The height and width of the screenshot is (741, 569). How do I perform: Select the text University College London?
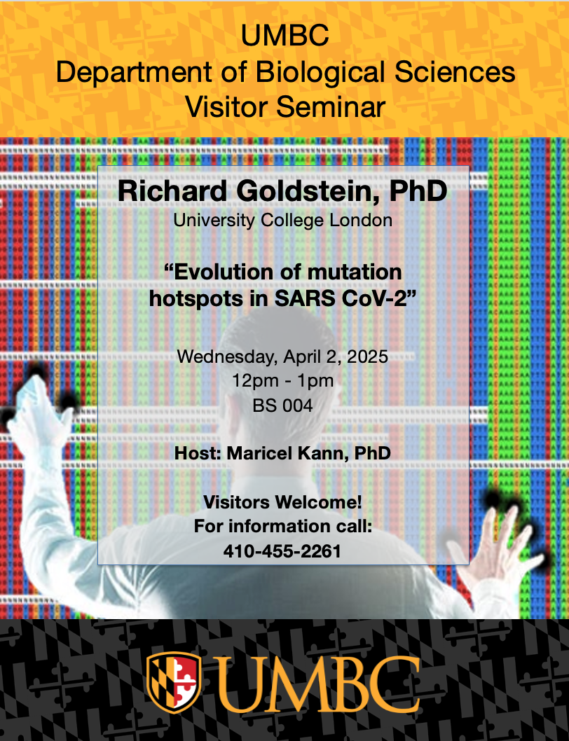(283, 221)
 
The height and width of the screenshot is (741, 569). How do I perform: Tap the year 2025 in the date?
(367, 356)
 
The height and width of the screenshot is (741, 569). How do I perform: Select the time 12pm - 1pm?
(283, 380)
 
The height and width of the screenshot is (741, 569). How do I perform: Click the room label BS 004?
(283, 406)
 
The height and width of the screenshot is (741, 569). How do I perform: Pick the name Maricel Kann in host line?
(288, 453)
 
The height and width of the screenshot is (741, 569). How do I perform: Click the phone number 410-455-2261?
(282, 551)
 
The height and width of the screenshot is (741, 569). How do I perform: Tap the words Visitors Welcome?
(283, 502)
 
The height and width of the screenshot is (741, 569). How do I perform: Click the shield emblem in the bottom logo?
(174, 682)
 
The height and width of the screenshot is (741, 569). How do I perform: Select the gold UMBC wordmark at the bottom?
(316, 684)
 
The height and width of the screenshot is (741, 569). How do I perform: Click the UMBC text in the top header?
(284, 36)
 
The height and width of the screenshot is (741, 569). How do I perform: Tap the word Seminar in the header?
(331, 106)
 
